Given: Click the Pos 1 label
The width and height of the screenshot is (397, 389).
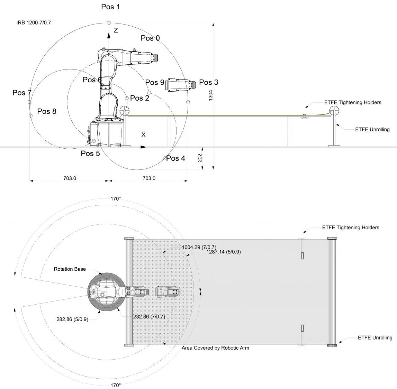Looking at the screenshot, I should [x=110, y=7].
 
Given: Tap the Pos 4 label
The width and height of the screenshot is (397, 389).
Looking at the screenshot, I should [x=175, y=158].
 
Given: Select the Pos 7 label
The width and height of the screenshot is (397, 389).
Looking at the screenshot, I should [x=22, y=93].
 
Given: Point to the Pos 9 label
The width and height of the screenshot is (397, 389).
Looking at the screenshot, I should [x=154, y=82].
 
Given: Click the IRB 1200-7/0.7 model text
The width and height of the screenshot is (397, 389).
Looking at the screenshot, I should [x=34, y=23].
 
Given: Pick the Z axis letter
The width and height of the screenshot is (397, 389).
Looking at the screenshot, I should [x=116, y=30].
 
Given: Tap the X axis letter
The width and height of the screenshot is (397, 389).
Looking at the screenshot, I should [x=143, y=135].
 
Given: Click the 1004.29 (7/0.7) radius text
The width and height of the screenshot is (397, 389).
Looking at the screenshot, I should [x=199, y=247].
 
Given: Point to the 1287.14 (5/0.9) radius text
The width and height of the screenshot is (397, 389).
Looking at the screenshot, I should [x=224, y=252].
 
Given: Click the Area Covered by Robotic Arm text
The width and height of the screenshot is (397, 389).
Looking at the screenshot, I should [x=215, y=348].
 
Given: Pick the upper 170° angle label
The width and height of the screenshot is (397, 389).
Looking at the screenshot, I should [x=115, y=199].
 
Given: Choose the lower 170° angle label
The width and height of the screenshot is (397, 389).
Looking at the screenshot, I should [x=116, y=385].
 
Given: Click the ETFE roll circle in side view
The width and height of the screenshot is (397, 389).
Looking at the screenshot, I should [x=334, y=111].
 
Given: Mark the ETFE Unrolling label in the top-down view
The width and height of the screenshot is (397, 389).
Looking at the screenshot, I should [x=375, y=338].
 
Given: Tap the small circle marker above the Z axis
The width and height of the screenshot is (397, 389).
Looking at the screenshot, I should [x=109, y=23].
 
